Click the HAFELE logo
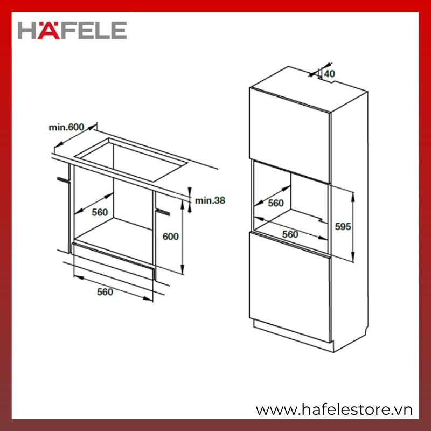pos(72,30)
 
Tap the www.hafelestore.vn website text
pos(334,410)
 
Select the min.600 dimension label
pos(66,127)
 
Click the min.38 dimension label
pos(210,200)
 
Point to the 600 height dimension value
pos(170,237)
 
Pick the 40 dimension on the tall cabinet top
pos(330,74)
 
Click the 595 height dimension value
pos(343,226)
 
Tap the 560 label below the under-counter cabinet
pos(105,292)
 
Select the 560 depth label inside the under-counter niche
pos(100,212)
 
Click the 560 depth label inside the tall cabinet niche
pos(276,203)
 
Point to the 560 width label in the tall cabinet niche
pos(290,234)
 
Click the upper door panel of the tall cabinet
pos(289,135)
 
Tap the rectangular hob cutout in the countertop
pos(131,159)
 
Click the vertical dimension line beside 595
pos(353,227)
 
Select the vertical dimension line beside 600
pos(183,237)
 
